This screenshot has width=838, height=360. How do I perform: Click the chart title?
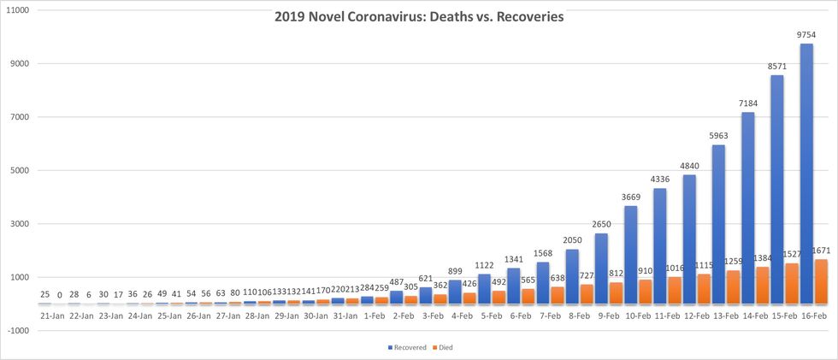point(418,17)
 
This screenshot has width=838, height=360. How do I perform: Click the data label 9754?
point(806,35)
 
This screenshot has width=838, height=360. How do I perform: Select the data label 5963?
point(719,136)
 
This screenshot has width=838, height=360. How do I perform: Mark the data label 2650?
point(603,224)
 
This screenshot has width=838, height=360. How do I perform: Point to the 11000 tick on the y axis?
point(17,10)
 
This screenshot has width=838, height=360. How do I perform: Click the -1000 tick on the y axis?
point(18,331)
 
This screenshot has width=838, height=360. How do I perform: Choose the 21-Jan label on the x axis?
point(51,316)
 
